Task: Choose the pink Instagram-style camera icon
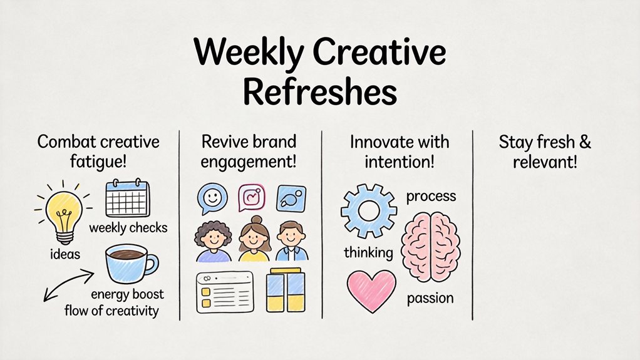click(253, 198)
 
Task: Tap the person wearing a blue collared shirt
click(291, 242)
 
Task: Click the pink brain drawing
click(431, 246)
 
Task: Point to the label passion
click(430, 299)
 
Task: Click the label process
click(431, 197)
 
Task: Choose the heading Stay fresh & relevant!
click(545, 152)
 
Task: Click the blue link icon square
click(291, 198)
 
